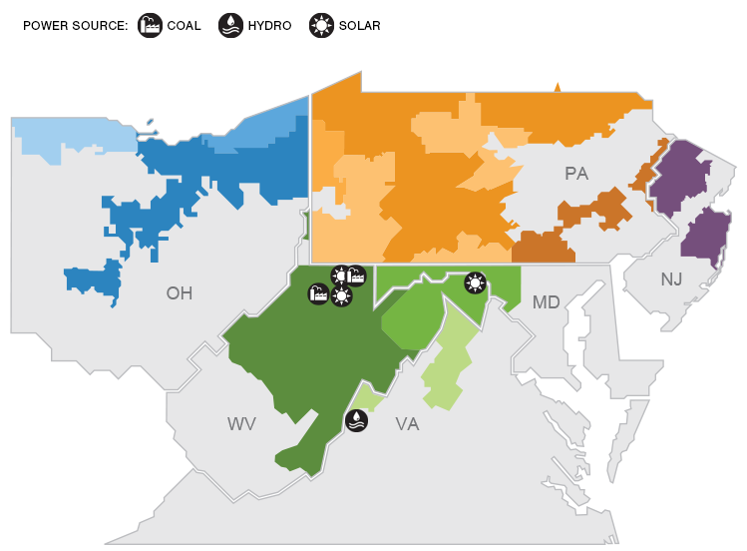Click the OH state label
180,293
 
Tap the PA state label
576,174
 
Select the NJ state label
671,279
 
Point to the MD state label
546,302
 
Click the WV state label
241,424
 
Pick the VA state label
407,424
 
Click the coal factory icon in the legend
150,25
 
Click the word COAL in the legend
186,25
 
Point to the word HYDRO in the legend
269,25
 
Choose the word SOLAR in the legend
359,25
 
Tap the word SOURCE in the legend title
100,25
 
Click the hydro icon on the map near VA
356,421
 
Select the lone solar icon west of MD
476,283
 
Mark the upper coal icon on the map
355,276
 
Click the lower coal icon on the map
319,293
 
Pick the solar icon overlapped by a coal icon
340,275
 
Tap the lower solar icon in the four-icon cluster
342,295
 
